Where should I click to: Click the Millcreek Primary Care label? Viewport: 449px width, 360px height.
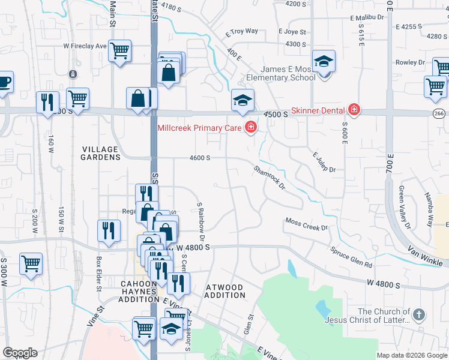[198, 127]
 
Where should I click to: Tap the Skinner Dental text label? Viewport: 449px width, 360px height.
[317, 110]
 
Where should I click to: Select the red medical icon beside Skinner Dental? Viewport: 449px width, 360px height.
[354, 110]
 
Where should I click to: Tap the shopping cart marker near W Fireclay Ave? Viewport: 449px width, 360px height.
[120, 50]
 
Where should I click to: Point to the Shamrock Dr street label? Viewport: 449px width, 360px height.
[269, 177]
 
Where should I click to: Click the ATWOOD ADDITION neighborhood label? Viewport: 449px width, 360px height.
[226, 291]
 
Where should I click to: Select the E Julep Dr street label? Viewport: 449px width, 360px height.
[324, 162]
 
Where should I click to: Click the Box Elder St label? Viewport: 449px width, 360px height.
[98, 273]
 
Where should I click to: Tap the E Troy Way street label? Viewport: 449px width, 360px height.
[241, 31]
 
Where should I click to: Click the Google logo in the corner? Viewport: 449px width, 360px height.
[19, 353]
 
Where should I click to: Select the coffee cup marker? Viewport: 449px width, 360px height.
[4, 82]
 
